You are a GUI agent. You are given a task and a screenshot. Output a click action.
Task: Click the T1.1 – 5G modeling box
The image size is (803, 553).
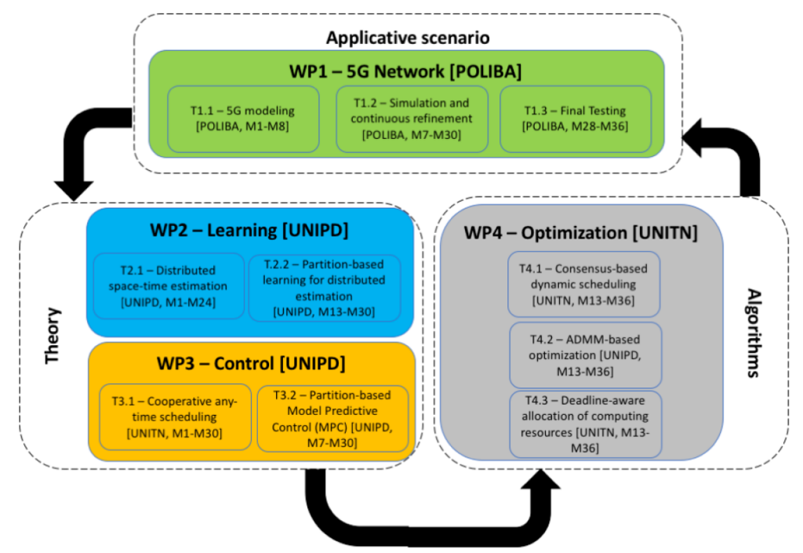tap(243, 118)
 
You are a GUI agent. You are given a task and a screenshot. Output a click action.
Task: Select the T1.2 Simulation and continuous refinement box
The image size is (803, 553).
tap(411, 118)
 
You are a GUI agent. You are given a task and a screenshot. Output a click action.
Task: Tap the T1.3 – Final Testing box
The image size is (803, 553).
tap(576, 118)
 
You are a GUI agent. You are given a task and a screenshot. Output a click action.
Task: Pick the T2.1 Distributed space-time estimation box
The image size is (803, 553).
tap(168, 286)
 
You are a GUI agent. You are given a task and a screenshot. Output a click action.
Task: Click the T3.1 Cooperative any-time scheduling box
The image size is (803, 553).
tap(175, 417)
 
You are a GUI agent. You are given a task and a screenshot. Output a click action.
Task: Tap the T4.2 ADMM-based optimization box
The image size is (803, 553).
tap(583, 354)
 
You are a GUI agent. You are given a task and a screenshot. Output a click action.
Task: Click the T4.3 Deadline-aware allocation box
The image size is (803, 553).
tap(583, 423)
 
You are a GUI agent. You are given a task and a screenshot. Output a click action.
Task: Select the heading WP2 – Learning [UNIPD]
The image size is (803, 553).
tap(249, 231)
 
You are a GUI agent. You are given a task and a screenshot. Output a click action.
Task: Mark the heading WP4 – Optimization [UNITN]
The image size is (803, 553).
tap(580, 232)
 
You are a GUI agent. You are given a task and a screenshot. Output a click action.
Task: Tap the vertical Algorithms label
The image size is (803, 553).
tap(754, 333)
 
